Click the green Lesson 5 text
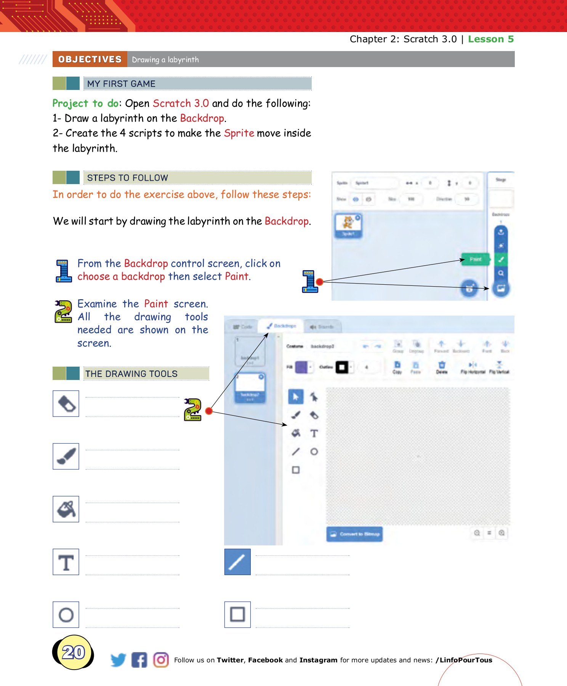pyautogui.click(x=490, y=39)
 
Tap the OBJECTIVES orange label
pyautogui.click(x=90, y=59)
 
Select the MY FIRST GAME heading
pyautogui.click(x=121, y=84)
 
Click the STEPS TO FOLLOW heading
pyautogui.click(x=127, y=178)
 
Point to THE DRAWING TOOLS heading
pyautogui.click(x=131, y=374)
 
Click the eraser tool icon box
pyautogui.click(x=66, y=404)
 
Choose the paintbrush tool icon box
pyautogui.click(x=66, y=456)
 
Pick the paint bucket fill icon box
pyautogui.click(x=66, y=509)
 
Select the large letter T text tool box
pyautogui.click(x=66, y=562)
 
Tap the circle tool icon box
pyautogui.click(x=66, y=615)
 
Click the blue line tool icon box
pyautogui.click(x=237, y=562)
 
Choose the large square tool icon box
pyautogui.click(x=237, y=615)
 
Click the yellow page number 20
pyautogui.click(x=74, y=652)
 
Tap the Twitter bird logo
pyautogui.click(x=118, y=660)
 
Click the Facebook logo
pyautogui.click(x=139, y=660)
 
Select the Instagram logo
pyautogui.click(x=161, y=660)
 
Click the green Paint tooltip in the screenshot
pyautogui.click(x=475, y=260)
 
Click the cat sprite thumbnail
pyautogui.click(x=348, y=225)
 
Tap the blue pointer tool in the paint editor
pyautogui.click(x=296, y=397)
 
